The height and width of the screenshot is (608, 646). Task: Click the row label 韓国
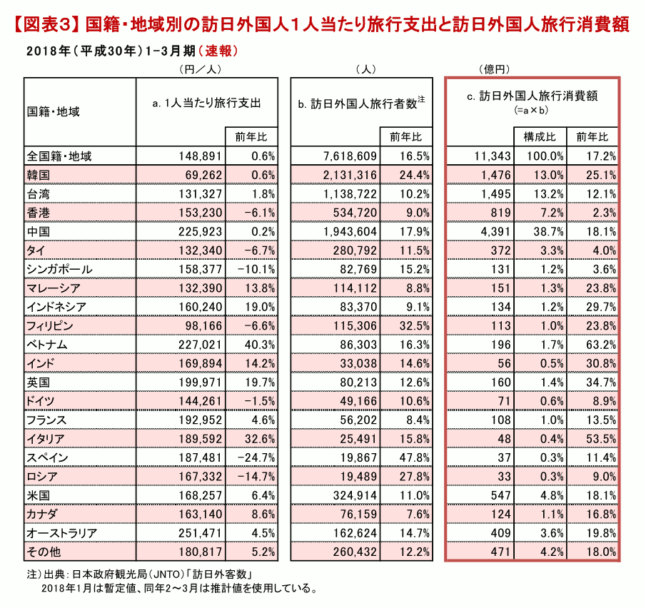click(39, 175)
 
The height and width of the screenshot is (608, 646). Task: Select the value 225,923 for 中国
click(201, 231)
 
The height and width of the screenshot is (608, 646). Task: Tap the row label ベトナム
click(47, 345)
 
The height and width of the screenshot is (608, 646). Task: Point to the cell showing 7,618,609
click(350, 156)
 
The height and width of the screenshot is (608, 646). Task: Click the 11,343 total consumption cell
click(493, 156)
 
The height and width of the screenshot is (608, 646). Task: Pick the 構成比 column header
click(540, 137)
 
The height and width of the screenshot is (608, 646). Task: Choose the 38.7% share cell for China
click(549, 231)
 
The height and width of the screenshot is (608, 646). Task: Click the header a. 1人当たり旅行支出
click(206, 103)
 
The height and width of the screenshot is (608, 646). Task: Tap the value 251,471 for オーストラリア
click(201, 533)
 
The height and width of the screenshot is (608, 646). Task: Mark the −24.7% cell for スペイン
click(256, 457)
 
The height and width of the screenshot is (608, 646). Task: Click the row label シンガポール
click(59, 270)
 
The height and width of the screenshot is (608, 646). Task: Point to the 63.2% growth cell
click(602, 345)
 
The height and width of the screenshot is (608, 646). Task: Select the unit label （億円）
click(495, 69)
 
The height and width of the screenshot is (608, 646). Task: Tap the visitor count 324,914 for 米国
click(355, 495)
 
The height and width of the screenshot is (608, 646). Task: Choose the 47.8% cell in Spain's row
click(415, 457)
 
